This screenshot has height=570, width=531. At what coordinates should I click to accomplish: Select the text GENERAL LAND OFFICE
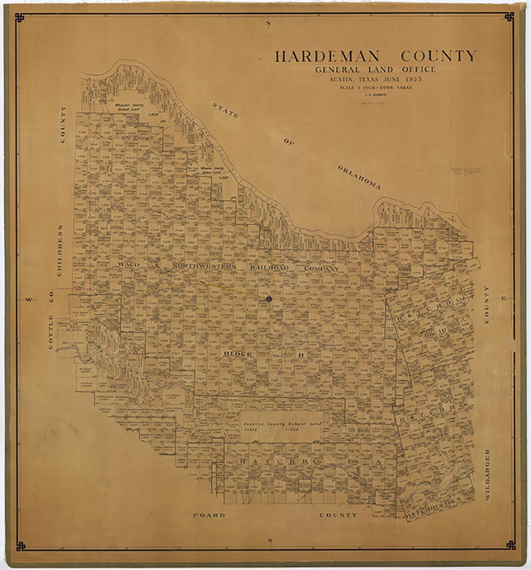pos(375,69)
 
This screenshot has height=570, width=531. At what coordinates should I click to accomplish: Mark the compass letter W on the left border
pos(28,300)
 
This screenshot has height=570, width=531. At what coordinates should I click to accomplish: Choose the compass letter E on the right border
pos(503,299)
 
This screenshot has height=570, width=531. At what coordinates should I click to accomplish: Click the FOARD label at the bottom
pos(209,515)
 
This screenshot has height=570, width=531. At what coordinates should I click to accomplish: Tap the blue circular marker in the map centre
pos(269,299)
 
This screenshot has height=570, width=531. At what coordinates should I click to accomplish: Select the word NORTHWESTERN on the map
pos(204,266)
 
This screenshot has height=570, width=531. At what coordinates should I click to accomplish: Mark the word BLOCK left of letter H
pos(238,353)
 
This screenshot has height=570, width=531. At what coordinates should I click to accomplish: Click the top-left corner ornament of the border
pos(20,18)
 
